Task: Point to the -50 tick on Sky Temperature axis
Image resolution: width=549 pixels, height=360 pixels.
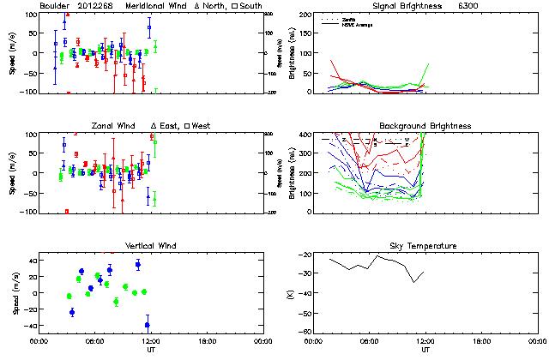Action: [308, 314]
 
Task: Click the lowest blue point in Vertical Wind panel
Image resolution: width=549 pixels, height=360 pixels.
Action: [148, 325]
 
